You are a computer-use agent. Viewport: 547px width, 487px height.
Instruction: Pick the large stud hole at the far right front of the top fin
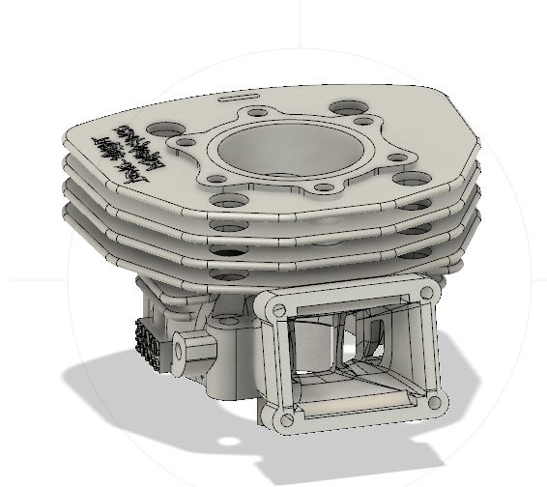(407, 181)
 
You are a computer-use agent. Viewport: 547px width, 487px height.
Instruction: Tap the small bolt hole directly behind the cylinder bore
(257, 112)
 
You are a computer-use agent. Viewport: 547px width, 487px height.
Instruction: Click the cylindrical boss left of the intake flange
(186, 345)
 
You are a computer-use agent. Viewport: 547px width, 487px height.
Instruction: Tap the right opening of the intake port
(382, 340)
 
